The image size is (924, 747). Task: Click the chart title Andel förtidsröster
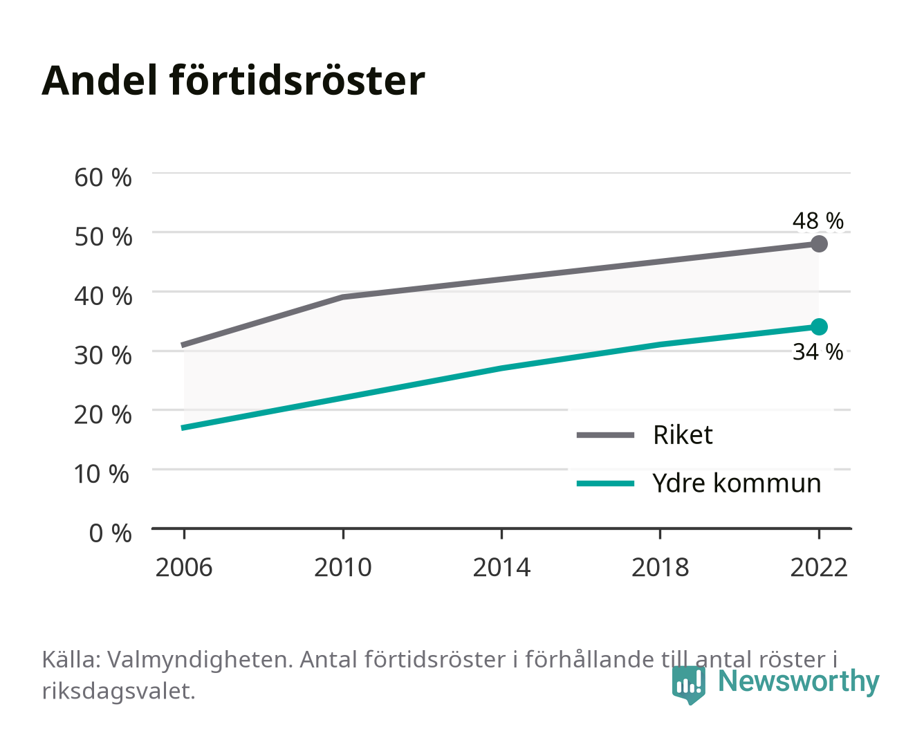point(233,81)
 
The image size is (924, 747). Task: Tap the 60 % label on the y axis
point(103,178)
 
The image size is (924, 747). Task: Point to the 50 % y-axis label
point(103,237)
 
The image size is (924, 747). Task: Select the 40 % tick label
point(103,296)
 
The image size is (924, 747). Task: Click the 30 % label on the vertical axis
point(103,356)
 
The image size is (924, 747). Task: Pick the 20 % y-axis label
point(103,415)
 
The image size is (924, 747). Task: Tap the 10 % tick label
point(102,474)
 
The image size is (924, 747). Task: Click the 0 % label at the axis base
point(110,533)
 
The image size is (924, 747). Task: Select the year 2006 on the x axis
point(184,567)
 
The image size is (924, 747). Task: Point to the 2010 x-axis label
point(343,567)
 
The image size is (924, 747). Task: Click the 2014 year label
point(501,567)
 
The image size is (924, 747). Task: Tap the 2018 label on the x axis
point(660,567)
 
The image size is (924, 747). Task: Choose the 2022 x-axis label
point(819,567)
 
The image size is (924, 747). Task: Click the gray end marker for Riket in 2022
point(819,243)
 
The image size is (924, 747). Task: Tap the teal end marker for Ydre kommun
point(819,326)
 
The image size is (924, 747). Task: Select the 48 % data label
point(818,221)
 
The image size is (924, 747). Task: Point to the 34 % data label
point(818,352)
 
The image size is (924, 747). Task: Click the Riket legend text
point(683,434)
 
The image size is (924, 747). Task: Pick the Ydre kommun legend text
point(737,483)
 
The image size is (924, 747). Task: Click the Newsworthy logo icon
point(689,685)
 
